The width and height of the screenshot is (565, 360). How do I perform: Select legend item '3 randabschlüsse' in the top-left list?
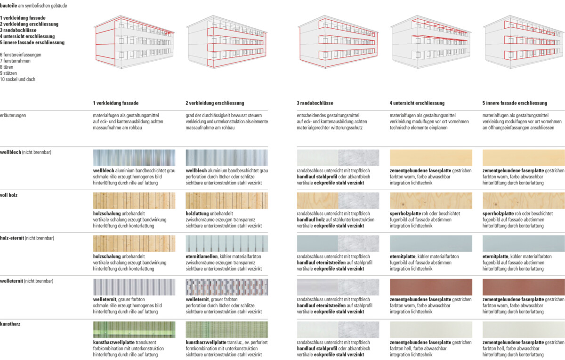pyautogui.click(x=18, y=30)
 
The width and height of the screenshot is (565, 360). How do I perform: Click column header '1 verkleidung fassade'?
pyautogui.click(x=116, y=103)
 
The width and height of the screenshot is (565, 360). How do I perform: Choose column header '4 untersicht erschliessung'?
pyautogui.click(x=417, y=103)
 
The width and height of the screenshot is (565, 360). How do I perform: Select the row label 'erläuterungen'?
pyautogui.click(x=13, y=115)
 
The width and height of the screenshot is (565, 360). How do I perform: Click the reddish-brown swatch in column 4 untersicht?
pyautogui.click(x=430, y=287)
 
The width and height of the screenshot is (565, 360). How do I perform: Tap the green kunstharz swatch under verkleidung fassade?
pyautogui.click(x=134, y=329)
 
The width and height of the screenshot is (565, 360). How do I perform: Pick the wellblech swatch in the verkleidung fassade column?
pyautogui.click(x=134, y=158)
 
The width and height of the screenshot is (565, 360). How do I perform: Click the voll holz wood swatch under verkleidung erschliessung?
pyautogui.click(x=227, y=201)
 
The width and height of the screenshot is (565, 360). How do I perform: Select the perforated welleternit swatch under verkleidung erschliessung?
pyautogui.click(x=227, y=287)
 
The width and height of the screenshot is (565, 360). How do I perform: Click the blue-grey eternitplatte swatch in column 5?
pyautogui.click(x=524, y=244)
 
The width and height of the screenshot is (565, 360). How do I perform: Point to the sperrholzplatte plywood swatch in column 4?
pyautogui.click(x=430, y=201)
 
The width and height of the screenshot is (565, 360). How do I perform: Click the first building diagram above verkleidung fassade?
pyautogui.click(x=135, y=42)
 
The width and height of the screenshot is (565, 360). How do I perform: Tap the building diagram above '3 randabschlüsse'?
pyautogui.click(x=337, y=42)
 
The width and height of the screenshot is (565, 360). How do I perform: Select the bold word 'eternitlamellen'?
pyautogui.click(x=202, y=256)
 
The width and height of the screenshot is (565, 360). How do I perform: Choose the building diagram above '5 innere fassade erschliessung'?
pyautogui.click(x=524, y=42)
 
